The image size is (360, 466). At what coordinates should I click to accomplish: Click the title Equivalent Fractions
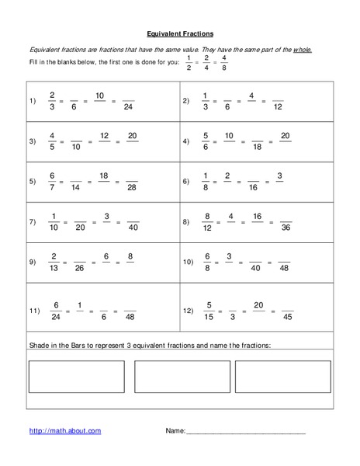coord(180,33)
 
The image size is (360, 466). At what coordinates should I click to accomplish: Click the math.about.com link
coord(64,430)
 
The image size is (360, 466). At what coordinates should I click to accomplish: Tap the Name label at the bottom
coord(175,430)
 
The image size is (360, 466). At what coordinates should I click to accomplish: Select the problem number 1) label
coord(33,101)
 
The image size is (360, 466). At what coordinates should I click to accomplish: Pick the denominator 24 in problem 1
coord(129,106)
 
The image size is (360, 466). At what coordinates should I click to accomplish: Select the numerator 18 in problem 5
coord(103,176)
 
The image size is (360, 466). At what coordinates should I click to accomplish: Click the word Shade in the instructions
coord(39,344)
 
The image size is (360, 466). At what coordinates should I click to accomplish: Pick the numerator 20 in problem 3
coord(132,135)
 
